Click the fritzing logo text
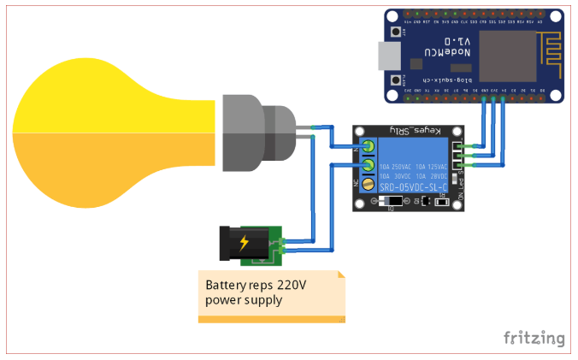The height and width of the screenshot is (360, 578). click(534, 338)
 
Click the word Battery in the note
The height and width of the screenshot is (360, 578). click(225, 286)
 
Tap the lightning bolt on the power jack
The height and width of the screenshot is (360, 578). click(245, 243)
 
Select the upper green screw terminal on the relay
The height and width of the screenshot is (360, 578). click(369, 145)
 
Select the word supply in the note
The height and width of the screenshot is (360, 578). click(264, 300)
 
